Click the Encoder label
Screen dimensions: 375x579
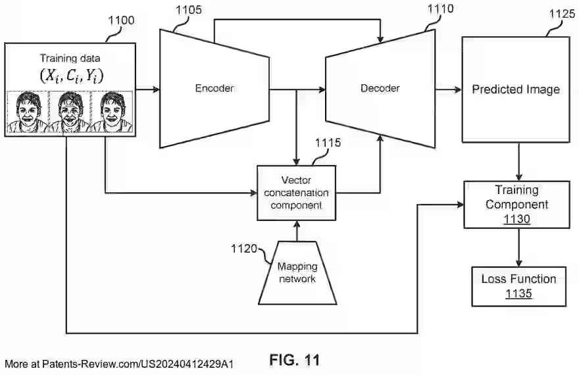pyautogui.click(x=214, y=88)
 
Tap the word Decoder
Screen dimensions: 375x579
pyautogui.click(x=380, y=88)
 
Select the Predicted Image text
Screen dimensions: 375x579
pyautogui.click(x=515, y=89)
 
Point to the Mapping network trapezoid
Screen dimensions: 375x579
pyautogui.click(x=297, y=273)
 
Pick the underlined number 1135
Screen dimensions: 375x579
pyautogui.click(x=518, y=293)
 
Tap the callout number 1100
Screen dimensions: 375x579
pyautogui.click(x=120, y=20)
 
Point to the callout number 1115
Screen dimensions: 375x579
pyautogui.click(x=328, y=143)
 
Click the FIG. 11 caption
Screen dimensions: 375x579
pyautogui.click(x=294, y=360)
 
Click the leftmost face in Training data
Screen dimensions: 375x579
pyautogui.click(x=27, y=112)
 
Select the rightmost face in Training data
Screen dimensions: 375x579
pyautogui.click(x=112, y=112)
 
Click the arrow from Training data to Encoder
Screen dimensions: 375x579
pyautogui.click(x=147, y=89)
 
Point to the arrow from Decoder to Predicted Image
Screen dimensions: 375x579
pyautogui.click(x=448, y=89)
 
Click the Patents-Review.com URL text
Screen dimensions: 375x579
pyautogui.click(x=119, y=364)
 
